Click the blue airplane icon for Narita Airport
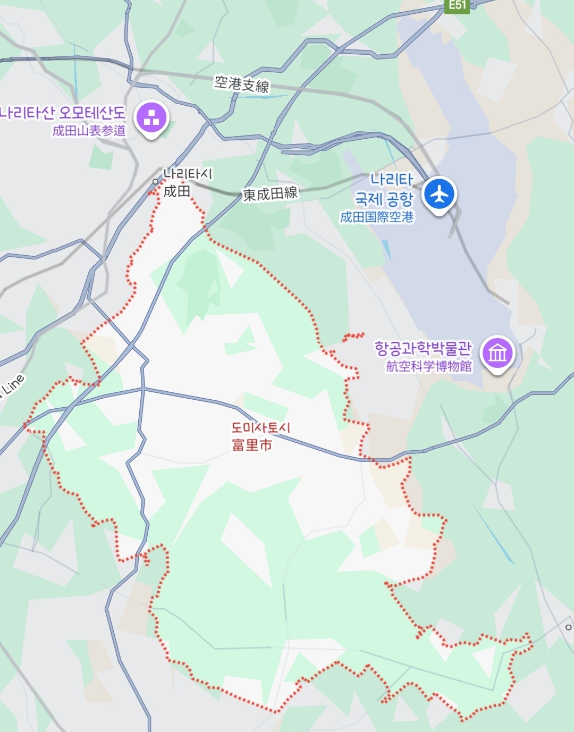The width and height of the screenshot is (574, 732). [x=440, y=194]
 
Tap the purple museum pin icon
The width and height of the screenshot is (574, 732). [x=497, y=352]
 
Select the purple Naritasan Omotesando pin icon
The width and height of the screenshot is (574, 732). [x=151, y=118]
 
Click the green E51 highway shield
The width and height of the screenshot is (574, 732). [x=457, y=6]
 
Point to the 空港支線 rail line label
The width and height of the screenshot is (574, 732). [x=242, y=84]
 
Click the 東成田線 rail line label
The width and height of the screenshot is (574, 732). [x=270, y=194]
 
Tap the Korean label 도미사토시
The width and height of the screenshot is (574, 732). [x=261, y=428]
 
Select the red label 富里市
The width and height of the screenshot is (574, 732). [x=252, y=444]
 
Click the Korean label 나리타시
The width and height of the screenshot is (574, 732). [x=188, y=174]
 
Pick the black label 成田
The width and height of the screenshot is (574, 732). [x=177, y=191]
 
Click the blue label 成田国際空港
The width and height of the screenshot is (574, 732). [x=377, y=217]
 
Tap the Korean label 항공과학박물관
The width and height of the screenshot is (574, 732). [x=423, y=349]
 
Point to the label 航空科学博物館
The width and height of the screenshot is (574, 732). [x=428, y=366]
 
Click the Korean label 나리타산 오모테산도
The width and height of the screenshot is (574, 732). [x=63, y=113]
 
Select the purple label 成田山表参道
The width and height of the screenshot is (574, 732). [x=89, y=131]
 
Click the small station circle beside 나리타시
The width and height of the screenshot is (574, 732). [x=155, y=181]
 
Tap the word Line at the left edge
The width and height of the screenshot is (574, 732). [x=13, y=385]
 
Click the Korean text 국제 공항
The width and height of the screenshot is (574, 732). [x=384, y=199]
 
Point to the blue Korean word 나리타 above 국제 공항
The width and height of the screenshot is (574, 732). [x=392, y=180]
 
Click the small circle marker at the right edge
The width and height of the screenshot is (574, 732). [x=568, y=627]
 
